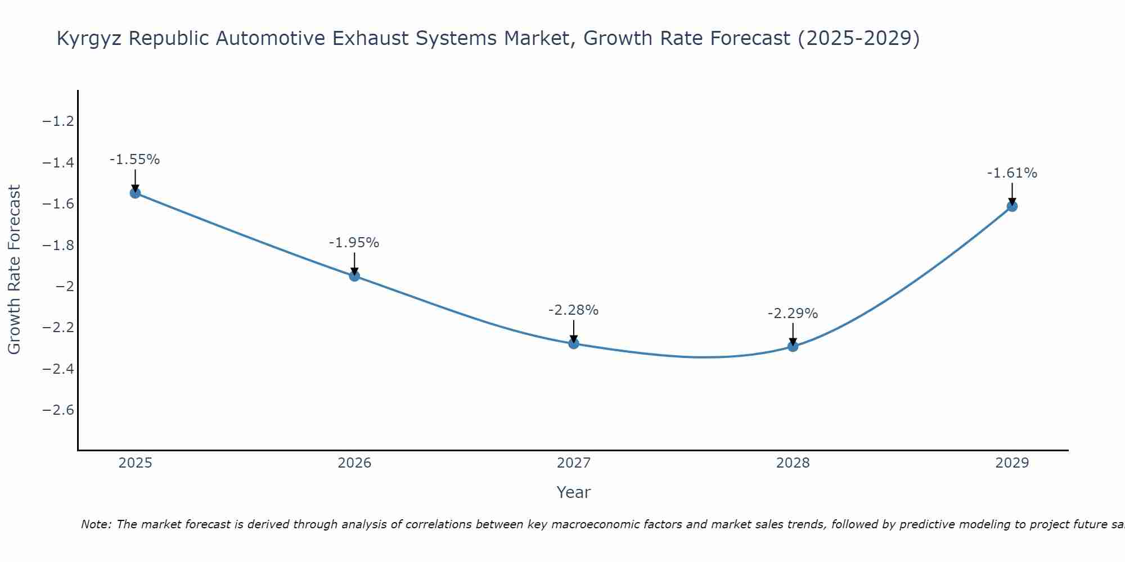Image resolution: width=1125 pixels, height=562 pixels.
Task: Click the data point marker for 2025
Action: (135, 193)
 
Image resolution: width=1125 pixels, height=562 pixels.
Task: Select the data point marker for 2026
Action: (354, 276)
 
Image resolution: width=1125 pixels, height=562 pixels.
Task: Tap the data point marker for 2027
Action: (574, 343)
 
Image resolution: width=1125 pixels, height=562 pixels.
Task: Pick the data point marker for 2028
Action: (793, 346)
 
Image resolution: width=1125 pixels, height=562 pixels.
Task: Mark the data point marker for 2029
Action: (1012, 206)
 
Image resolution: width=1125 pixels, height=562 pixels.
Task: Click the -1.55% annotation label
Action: (134, 160)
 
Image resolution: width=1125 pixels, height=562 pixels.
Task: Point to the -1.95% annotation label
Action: (354, 243)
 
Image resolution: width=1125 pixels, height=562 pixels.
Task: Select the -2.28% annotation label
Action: (573, 310)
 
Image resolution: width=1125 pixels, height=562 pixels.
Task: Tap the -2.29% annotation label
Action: (793, 314)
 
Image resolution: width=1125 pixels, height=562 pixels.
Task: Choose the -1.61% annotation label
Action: (1012, 173)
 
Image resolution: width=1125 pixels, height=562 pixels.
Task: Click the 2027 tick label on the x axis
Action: (573, 463)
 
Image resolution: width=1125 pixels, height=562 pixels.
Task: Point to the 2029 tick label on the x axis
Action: (1012, 463)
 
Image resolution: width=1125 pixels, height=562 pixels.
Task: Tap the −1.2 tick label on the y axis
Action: (58, 121)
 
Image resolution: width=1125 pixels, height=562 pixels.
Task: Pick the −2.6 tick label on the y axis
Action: (58, 410)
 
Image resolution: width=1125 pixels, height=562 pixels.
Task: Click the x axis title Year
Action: (573, 492)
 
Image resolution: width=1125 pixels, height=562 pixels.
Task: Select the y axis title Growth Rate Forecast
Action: (15, 269)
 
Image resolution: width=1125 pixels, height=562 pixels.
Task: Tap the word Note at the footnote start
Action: (96, 524)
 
